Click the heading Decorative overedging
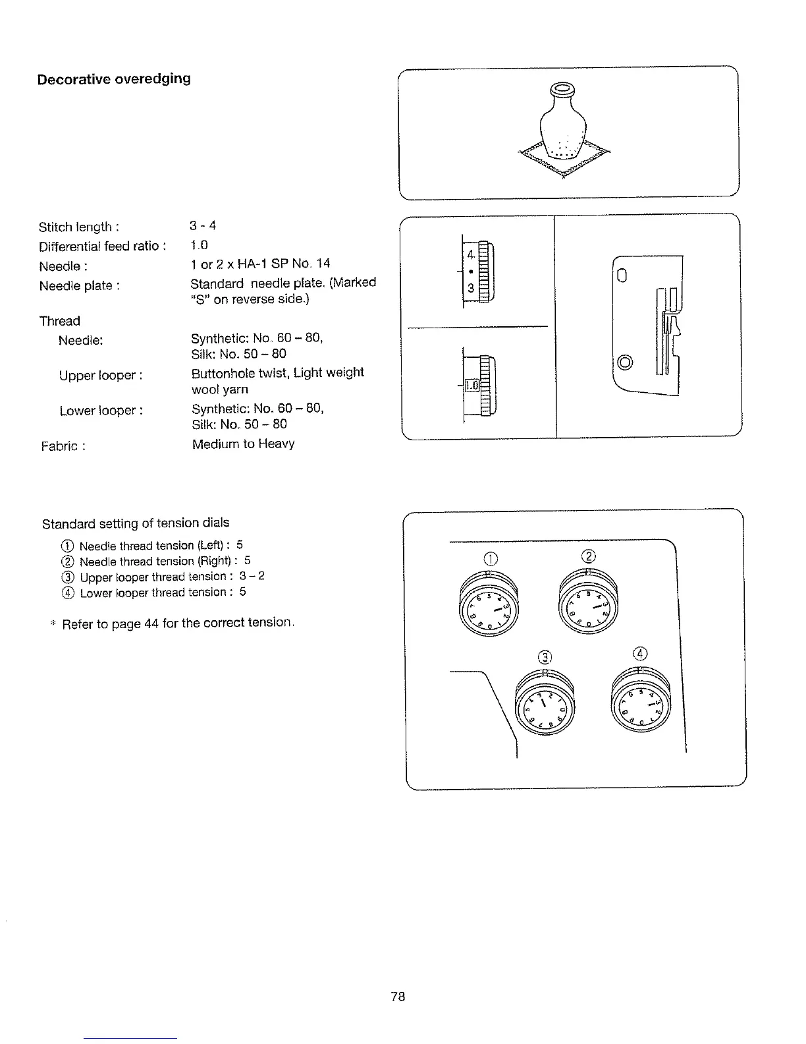click(114, 79)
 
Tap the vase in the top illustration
click(562, 123)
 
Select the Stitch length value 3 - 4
click(203, 226)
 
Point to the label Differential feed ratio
click(102, 246)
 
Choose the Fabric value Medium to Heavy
click(243, 444)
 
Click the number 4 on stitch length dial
click(470, 254)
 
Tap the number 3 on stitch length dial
click(471, 288)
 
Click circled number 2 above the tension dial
click(589, 555)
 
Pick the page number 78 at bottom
click(398, 997)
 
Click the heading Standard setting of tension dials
click(136, 523)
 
